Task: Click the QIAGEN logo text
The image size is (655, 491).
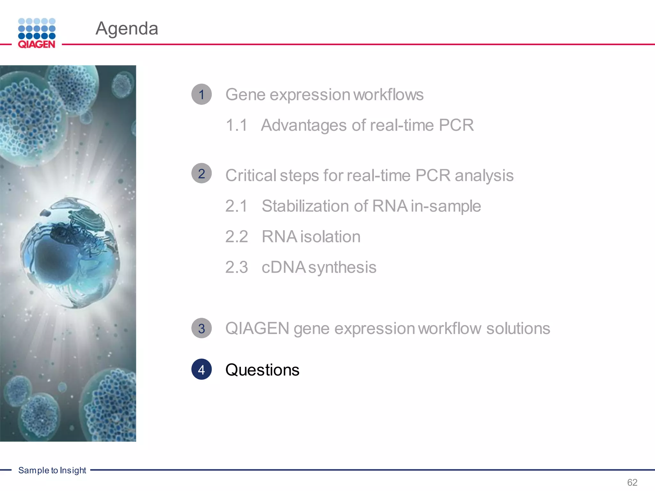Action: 36,44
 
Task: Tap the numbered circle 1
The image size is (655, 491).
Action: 201,94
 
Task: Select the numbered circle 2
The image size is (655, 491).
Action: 201,173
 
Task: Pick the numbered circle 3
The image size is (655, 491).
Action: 201,328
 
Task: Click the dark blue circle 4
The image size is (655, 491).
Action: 201,370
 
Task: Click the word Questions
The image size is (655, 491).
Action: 262,370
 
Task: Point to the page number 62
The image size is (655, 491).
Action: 632,482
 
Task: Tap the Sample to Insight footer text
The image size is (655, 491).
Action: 52,470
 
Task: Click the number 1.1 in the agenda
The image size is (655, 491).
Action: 236,125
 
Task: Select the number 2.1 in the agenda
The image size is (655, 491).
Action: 236,206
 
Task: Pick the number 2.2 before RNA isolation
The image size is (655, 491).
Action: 236,237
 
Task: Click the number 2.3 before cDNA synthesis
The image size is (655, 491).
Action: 236,267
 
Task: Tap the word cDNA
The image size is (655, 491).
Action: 283,267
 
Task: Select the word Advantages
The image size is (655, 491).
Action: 304,125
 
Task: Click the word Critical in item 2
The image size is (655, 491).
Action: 251,175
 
